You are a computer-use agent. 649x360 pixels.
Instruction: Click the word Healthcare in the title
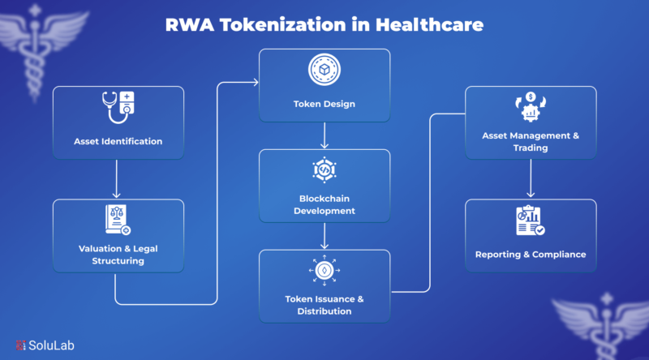pyautogui.click(x=429, y=25)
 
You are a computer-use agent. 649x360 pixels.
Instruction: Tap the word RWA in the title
pyautogui.click(x=190, y=25)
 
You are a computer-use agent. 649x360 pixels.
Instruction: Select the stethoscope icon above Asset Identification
pyautogui.click(x=118, y=108)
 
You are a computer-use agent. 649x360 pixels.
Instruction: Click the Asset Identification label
pyautogui.click(x=118, y=141)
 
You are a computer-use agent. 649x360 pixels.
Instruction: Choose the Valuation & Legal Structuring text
pyautogui.click(x=118, y=255)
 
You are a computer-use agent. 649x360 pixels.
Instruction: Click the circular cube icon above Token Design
pyautogui.click(x=324, y=70)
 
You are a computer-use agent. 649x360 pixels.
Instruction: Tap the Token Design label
pyautogui.click(x=324, y=104)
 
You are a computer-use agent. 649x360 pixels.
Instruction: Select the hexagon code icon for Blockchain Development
pyautogui.click(x=324, y=169)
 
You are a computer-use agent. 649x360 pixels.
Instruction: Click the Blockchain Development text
pyautogui.click(x=324, y=204)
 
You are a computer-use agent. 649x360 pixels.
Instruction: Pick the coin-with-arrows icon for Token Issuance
pyautogui.click(x=324, y=271)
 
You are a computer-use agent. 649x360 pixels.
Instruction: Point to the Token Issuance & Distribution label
pyautogui.click(x=324, y=305)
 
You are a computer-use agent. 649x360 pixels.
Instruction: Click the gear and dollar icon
pyautogui.click(x=531, y=107)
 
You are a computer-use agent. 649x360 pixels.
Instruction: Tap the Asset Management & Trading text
pyautogui.click(x=531, y=142)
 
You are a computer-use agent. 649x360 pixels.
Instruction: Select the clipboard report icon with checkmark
pyautogui.click(x=531, y=221)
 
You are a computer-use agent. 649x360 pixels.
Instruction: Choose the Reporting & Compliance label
pyautogui.click(x=531, y=255)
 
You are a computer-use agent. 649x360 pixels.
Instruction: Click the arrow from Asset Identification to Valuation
pyautogui.click(x=117, y=178)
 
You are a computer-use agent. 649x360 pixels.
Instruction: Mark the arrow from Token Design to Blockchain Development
pyautogui.click(x=324, y=135)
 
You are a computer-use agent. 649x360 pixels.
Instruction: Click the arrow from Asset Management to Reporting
pyautogui.click(x=531, y=178)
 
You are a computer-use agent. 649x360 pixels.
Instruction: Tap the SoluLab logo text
pyautogui.click(x=51, y=345)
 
